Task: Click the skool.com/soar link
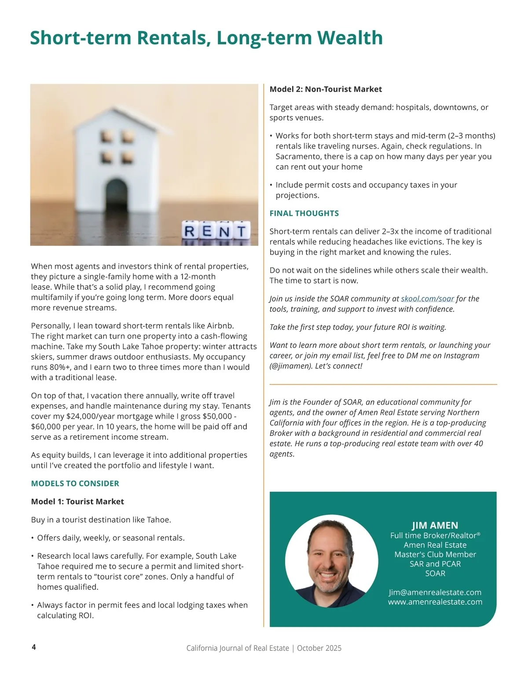point(427,299)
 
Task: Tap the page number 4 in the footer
point(34,647)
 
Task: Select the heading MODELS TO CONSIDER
point(75,483)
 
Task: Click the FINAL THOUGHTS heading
point(304,213)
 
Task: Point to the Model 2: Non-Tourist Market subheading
point(326,89)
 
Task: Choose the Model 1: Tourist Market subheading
point(77,502)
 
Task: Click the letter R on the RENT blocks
point(191,231)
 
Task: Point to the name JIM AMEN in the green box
point(435,525)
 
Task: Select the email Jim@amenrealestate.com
point(435,592)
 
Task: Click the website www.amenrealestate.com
point(435,602)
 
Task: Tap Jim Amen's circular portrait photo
point(331,561)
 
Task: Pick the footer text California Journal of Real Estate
point(238,648)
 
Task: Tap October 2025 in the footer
point(319,648)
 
